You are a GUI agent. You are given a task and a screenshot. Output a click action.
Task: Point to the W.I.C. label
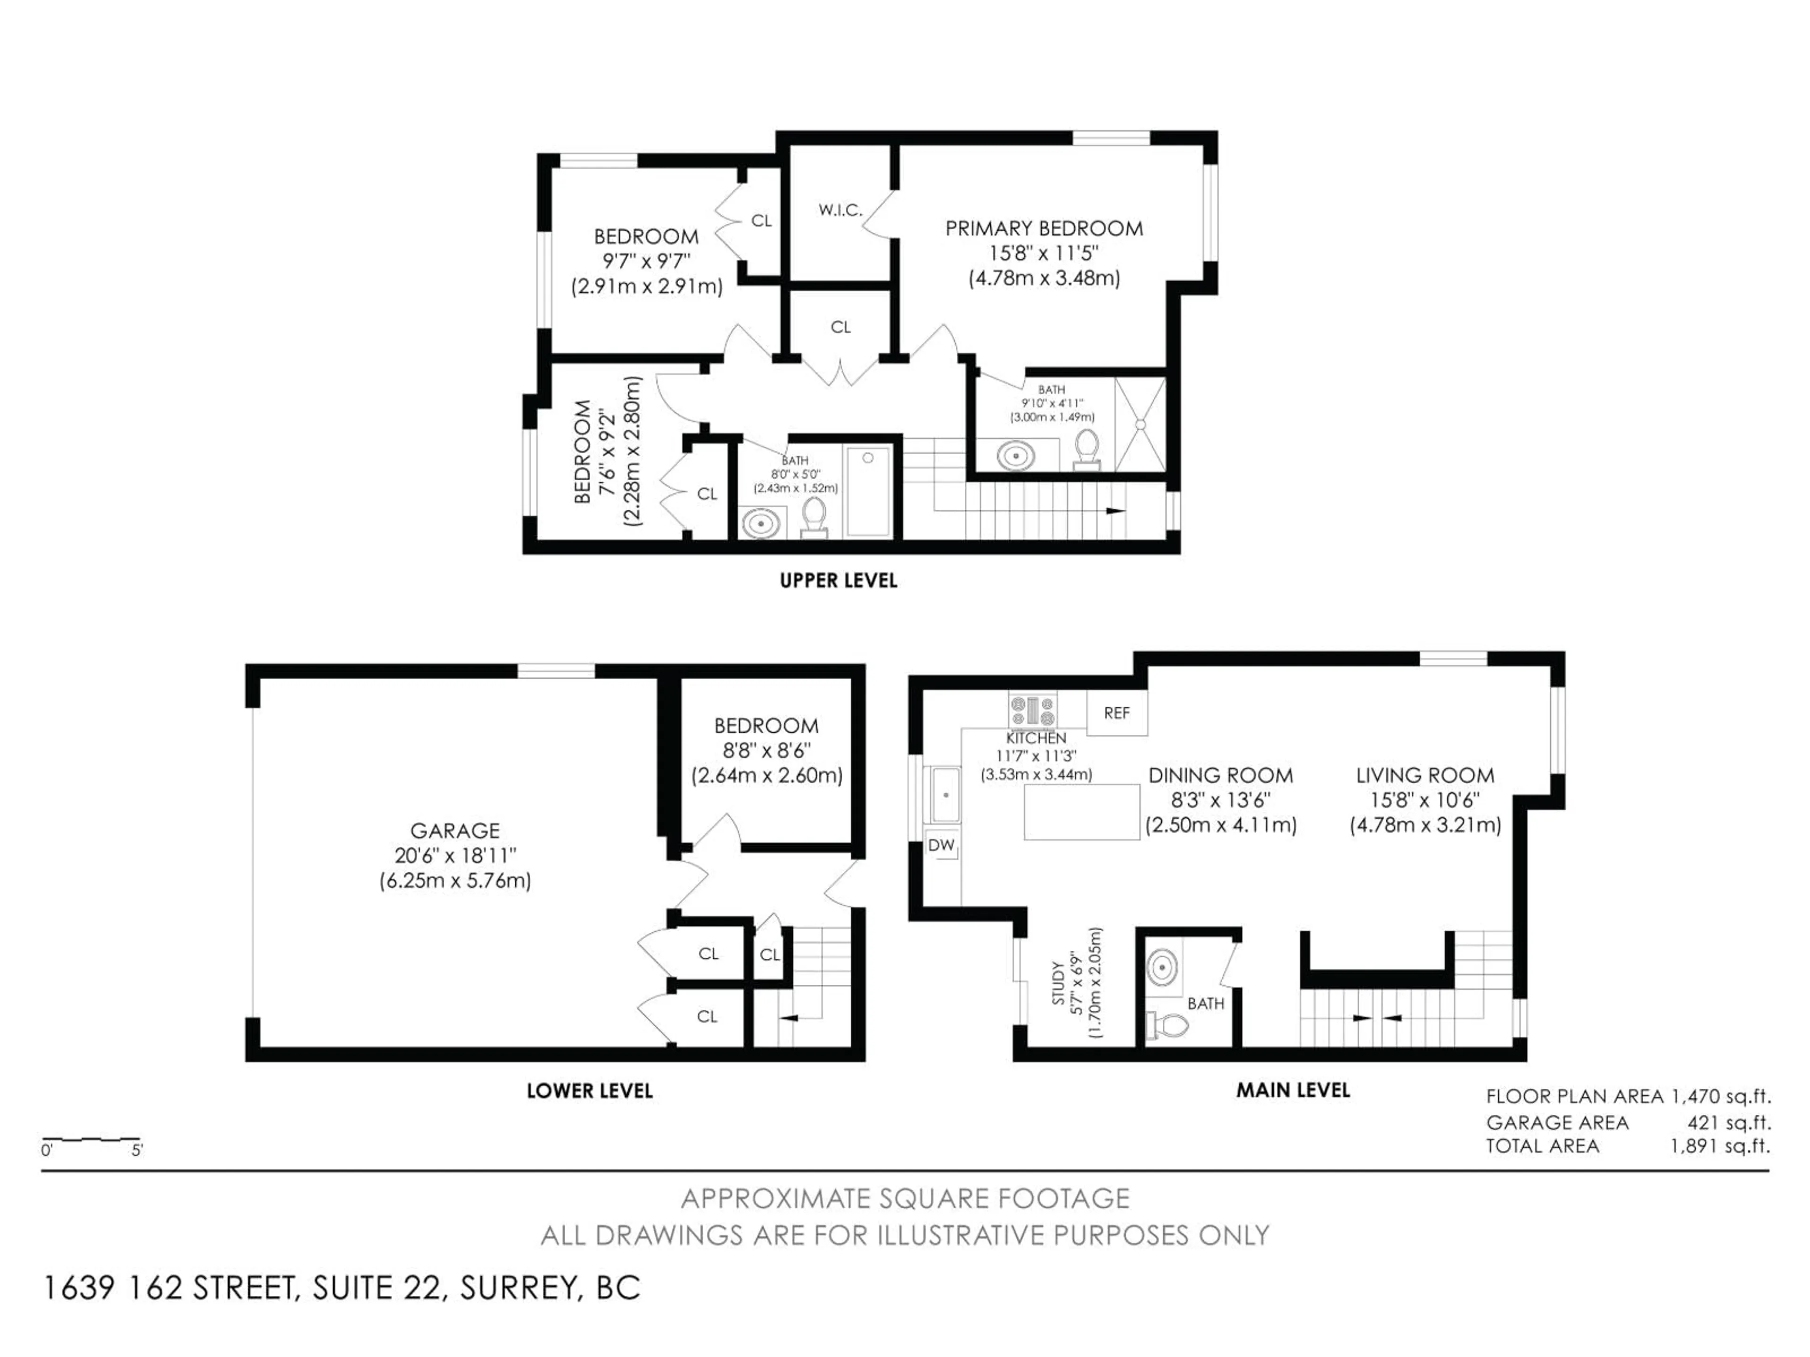pyautogui.click(x=840, y=210)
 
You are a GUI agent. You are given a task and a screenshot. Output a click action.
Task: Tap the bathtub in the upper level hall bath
pyautogui.click(x=868, y=491)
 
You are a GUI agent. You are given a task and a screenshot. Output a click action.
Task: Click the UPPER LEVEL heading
pyautogui.click(x=838, y=581)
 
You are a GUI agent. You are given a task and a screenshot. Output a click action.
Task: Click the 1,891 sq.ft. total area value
pyautogui.click(x=1719, y=1146)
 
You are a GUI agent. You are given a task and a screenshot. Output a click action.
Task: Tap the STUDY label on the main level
pyautogui.click(x=1058, y=984)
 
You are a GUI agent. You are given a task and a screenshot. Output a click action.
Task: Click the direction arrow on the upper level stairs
pyautogui.click(x=1114, y=510)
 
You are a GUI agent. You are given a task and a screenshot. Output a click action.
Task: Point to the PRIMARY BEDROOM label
pyautogui.click(x=1044, y=229)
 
